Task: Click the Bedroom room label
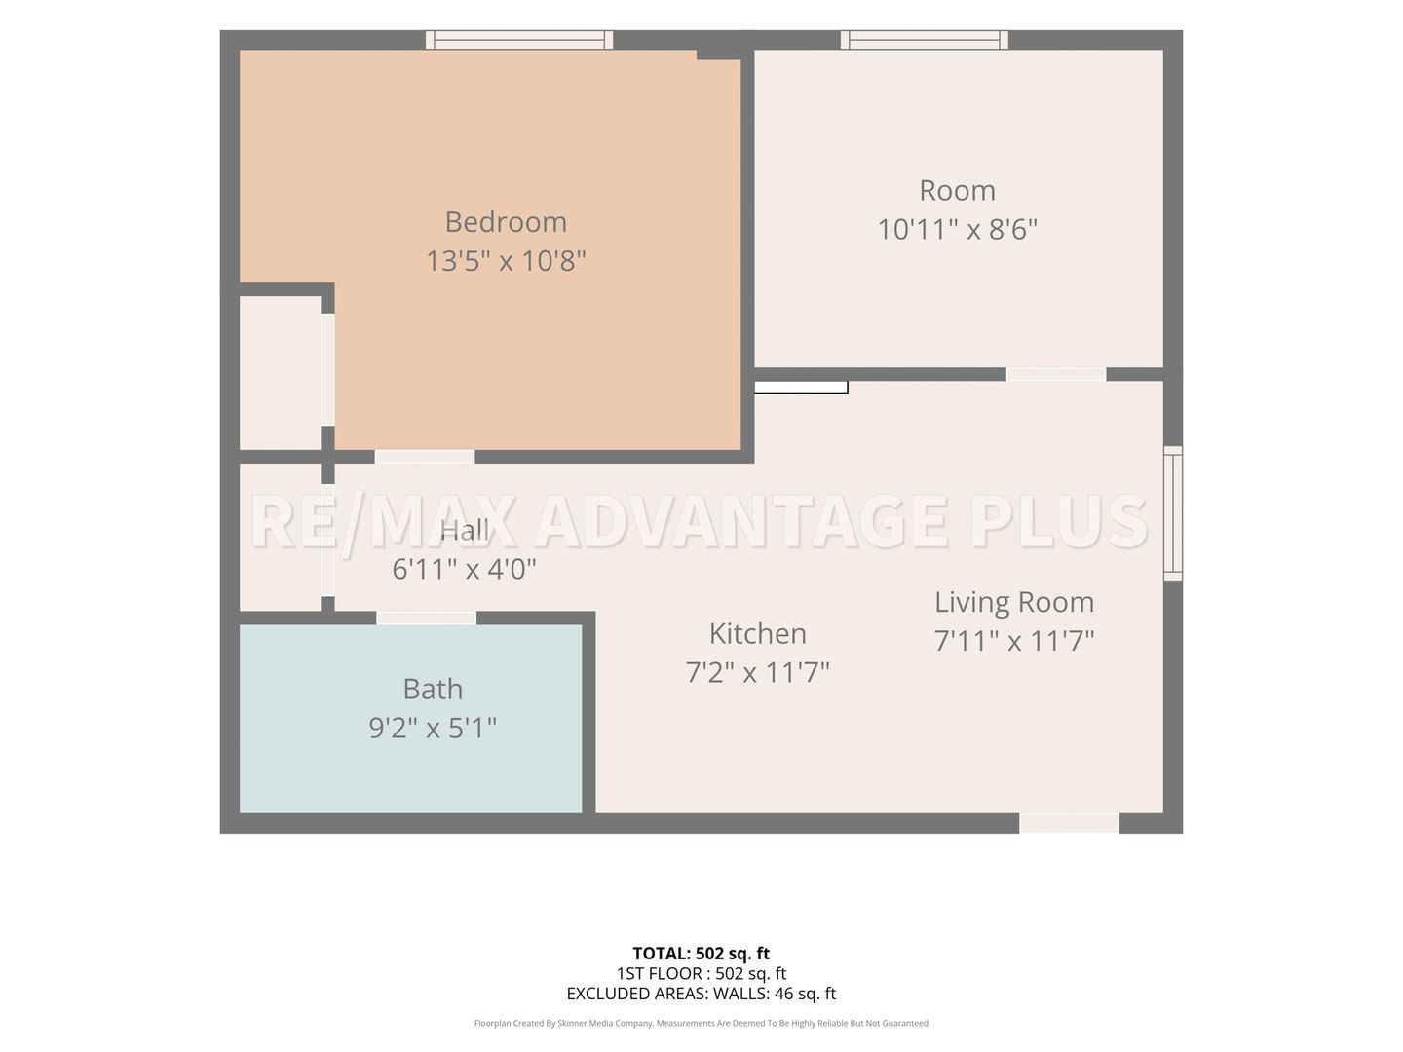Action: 506,222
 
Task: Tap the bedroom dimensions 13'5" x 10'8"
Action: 506,261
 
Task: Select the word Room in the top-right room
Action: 957,190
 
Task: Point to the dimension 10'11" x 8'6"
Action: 957,229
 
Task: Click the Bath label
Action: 433,690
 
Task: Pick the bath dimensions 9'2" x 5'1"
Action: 433,728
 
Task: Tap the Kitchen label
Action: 757,634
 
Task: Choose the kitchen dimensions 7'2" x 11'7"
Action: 757,672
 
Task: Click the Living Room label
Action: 1014,602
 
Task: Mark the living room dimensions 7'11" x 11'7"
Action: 1014,640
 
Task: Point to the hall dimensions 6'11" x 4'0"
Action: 464,569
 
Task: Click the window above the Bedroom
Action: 519,40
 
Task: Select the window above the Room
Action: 925,40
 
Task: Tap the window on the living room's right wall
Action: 1173,513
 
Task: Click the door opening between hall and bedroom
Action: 425,457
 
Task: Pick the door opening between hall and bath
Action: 427,619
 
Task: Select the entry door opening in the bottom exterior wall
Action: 1069,823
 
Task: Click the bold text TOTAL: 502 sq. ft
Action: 701,954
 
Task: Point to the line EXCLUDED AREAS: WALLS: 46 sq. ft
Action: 701,994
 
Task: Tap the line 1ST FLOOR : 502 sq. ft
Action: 701,973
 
